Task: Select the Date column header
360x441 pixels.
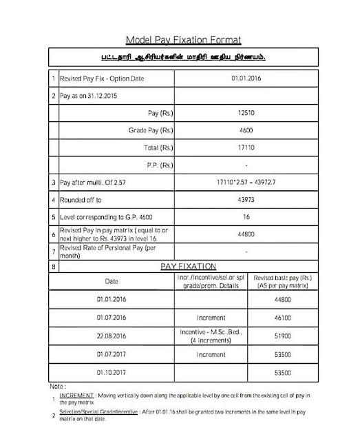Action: (112, 281)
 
